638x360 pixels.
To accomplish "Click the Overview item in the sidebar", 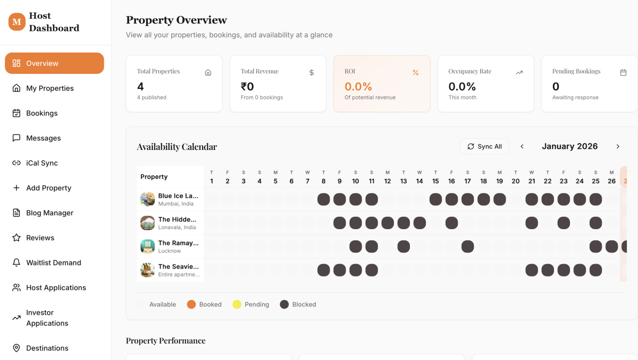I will [x=54, y=63].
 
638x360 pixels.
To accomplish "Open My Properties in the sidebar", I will [x=49, y=88].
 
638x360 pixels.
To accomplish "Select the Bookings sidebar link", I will [x=41, y=113].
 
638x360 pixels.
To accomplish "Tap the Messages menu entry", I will [x=43, y=138].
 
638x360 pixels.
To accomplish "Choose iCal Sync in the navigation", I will [x=41, y=163].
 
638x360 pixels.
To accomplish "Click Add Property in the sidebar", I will [x=48, y=188].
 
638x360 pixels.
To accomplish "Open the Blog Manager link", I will [x=49, y=213].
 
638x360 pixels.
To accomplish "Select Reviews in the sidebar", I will [x=40, y=238].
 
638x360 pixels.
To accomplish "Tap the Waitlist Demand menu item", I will [x=53, y=263].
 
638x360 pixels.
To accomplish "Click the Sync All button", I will [x=484, y=146].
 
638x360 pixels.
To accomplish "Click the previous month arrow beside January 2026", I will [x=522, y=146].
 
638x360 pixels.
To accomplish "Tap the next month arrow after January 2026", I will [x=618, y=146].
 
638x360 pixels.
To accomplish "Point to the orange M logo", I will [x=17, y=22].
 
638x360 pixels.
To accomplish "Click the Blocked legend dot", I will [x=284, y=305].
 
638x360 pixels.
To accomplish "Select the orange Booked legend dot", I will [x=191, y=305].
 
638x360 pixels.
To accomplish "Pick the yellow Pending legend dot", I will [x=237, y=305].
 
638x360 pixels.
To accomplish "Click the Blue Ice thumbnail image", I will [x=148, y=199].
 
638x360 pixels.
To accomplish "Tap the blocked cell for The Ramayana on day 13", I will [x=404, y=246].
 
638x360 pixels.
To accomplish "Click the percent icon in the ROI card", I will [x=416, y=72].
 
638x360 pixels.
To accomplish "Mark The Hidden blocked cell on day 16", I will [x=451, y=223].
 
